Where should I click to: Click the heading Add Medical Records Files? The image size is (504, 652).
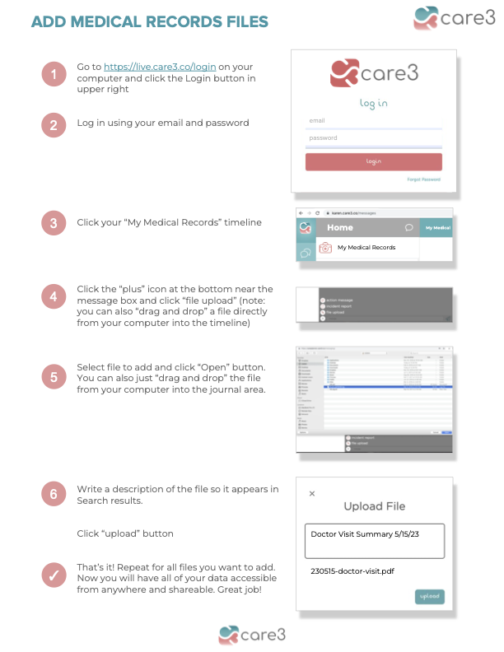coord(150,21)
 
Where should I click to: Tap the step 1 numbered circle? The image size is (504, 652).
coord(54,75)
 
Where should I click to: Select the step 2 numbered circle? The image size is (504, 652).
coord(54,124)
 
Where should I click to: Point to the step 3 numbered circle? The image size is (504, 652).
coord(54,223)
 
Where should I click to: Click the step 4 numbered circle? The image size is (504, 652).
coord(54,297)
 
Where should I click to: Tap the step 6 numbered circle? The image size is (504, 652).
coord(54,494)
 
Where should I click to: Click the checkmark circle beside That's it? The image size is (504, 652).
coord(54,575)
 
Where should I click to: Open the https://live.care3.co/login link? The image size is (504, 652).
coord(154,66)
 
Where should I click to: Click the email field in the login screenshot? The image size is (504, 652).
coord(374,121)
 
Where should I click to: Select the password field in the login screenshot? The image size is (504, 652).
coord(374,138)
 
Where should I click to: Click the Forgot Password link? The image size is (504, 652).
coord(423,179)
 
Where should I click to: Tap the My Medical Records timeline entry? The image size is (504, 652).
coord(366,247)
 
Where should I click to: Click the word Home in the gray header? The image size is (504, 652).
coord(340,227)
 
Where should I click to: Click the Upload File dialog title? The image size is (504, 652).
coord(374,506)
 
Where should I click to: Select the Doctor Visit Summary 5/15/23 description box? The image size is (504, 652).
coord(374,540)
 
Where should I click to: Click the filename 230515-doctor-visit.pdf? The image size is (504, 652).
coord(352,570)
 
